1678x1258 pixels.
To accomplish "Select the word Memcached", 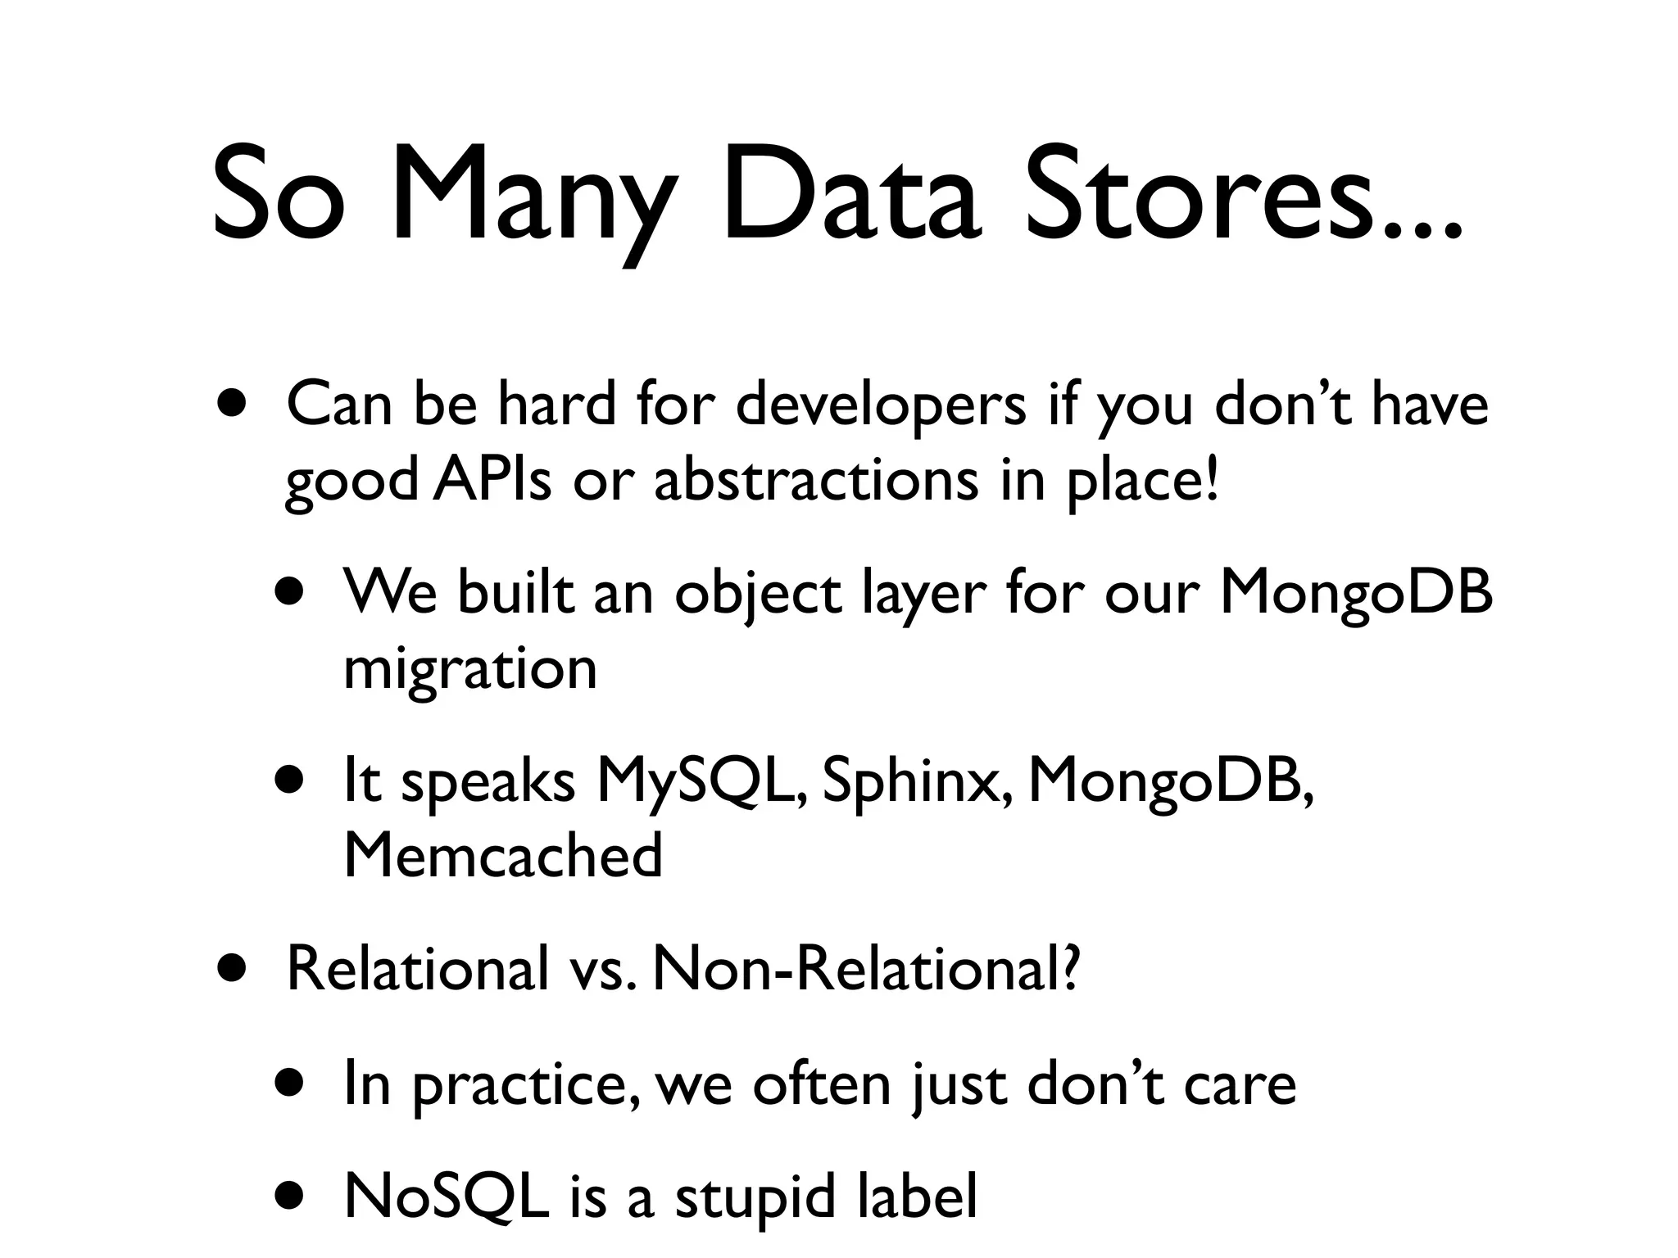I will [502, 854].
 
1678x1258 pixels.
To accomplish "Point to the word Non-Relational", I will [864, 968].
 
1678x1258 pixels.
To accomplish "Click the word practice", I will [524, 1085].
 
